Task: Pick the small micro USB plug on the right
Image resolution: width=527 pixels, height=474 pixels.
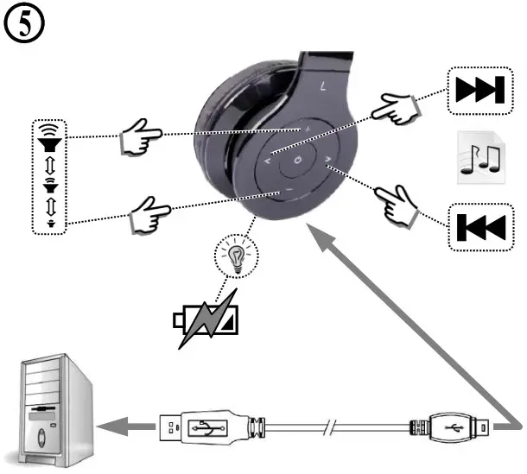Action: click(448, 426)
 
